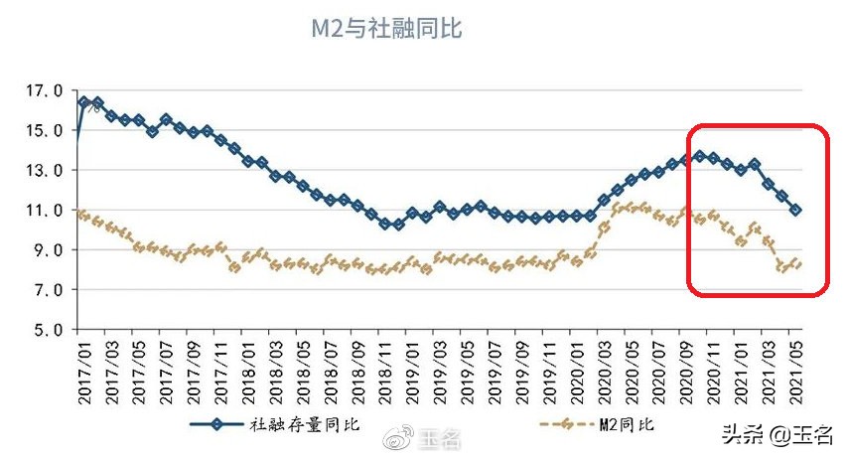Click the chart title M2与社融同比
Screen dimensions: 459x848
[386, 30]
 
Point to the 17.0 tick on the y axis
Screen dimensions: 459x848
[44, 91]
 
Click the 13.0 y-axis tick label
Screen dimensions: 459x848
[44, 171]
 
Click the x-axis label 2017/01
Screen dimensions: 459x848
[83, 369]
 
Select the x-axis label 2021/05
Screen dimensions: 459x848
[795, 369]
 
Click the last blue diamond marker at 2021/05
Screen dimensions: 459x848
[795, 210]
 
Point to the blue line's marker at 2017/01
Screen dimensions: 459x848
[83, 102]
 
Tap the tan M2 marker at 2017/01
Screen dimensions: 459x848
[83, 215]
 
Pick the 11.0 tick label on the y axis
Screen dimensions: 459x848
[44, 211]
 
